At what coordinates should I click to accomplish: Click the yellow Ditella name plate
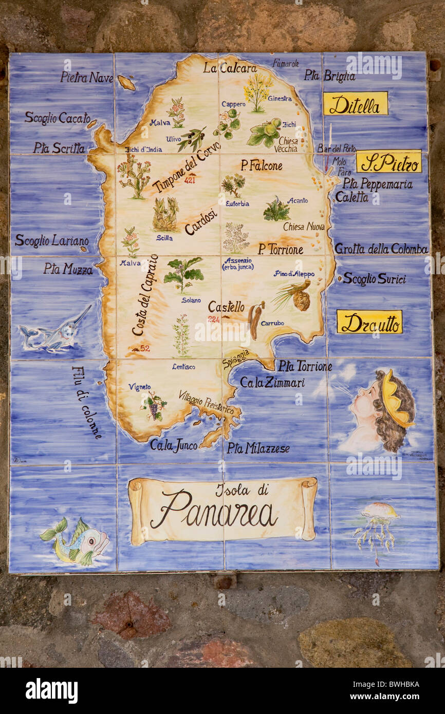tap(355, 104)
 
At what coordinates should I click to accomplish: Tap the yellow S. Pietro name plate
tap(388, 162)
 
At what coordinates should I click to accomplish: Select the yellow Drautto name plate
tap(369, 322)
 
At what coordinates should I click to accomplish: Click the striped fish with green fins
tap(76, 541)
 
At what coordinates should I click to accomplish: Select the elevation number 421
tap(190, 180)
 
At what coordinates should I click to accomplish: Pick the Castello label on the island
tap(226, 307)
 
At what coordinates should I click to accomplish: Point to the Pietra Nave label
tap(86, 77)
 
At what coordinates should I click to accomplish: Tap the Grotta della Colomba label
tap(381, 249)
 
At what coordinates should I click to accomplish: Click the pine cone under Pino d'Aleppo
tap(301, 300)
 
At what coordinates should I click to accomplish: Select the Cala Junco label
tap(173, 445)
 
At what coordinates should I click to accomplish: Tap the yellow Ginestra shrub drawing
tap(257, 90)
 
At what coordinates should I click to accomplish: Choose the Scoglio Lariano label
tap(51, 240)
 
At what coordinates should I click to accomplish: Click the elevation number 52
tap(144, 348)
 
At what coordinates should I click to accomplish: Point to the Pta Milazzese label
tap(258, 448)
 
